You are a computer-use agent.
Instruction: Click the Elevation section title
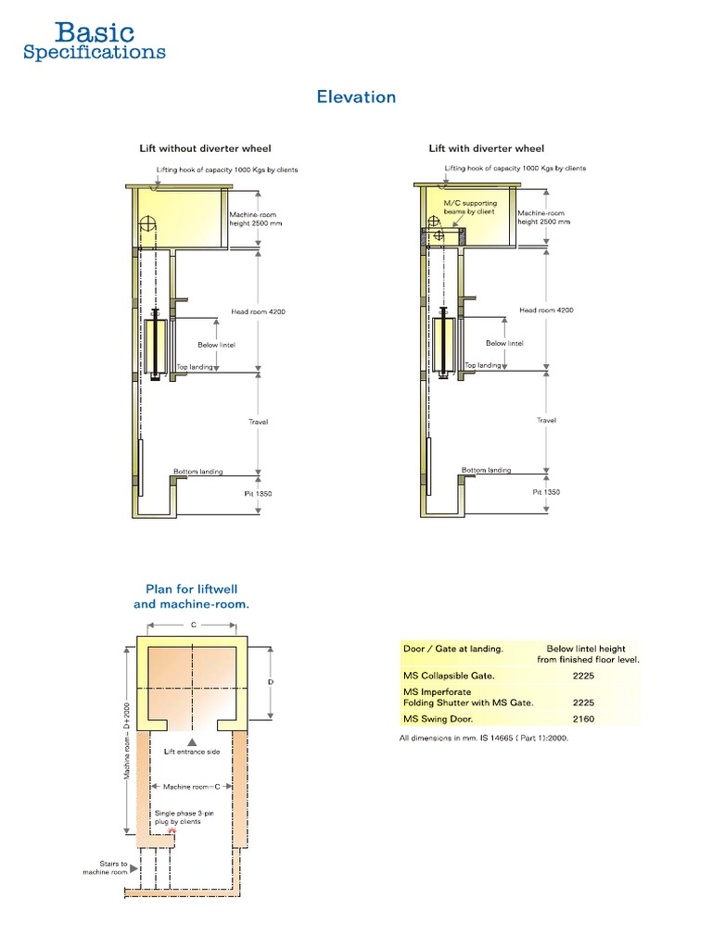point(356,96)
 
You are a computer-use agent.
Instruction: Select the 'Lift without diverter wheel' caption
point(205,148)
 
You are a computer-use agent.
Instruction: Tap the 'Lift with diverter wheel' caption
point(486,148)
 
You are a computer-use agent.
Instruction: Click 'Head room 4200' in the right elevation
point(546,310)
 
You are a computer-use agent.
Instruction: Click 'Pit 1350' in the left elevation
point(259,493)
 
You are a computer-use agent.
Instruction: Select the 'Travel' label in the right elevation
point(546,421)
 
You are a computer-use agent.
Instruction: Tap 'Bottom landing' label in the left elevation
point(198,472)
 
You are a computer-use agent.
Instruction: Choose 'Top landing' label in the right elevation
point(482,366)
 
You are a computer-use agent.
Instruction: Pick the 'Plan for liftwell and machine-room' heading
point(193,596)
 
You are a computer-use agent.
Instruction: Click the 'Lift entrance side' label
point(192,752)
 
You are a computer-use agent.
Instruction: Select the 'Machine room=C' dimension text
point(192,786)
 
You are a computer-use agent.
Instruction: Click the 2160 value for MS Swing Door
point(584,718)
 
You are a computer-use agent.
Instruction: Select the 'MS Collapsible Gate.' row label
point(441,676)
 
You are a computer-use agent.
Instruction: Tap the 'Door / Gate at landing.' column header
point(453,649)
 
